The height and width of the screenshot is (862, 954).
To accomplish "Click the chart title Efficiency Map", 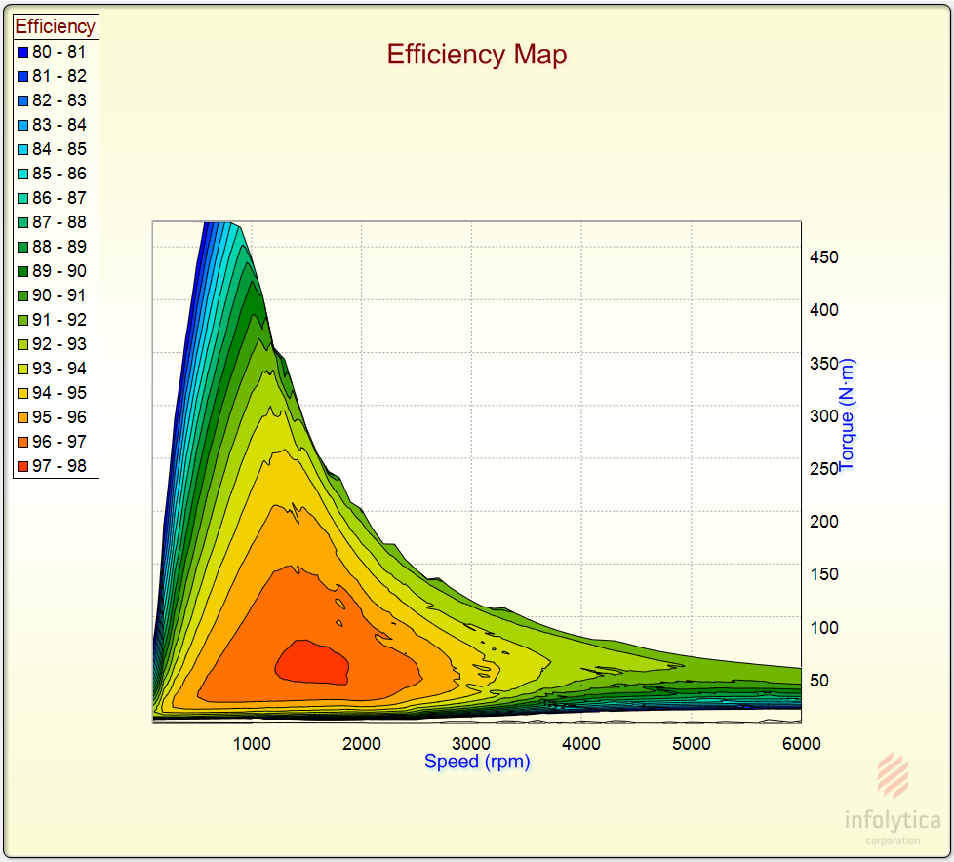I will [476, 55].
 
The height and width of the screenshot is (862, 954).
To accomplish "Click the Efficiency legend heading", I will [56, 27].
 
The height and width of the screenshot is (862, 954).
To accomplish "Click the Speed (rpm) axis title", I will [477, 762].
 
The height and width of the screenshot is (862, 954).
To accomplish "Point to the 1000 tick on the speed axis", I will [252, 743].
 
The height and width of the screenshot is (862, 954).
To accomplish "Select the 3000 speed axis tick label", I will [472, 743].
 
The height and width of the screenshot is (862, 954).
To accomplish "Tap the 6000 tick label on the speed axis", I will [801, 743].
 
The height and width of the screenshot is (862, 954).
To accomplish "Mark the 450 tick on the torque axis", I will [823, 257].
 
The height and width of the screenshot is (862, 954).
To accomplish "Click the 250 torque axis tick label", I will [823, 468].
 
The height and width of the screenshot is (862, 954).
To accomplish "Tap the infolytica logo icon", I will [893, 775].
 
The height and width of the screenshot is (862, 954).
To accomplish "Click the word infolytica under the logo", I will [892, 820].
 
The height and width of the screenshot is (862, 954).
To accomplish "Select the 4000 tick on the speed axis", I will [581, 743].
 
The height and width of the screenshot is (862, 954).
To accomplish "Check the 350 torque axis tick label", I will [823, 363].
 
